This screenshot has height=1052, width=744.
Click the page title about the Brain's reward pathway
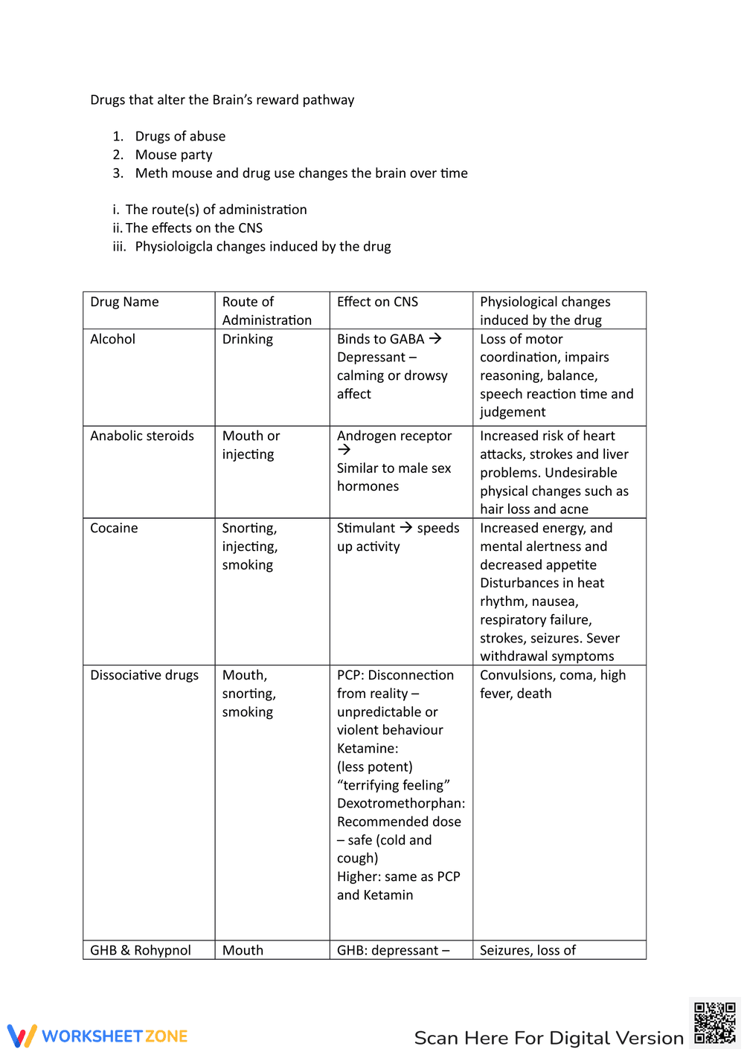coord(222,100)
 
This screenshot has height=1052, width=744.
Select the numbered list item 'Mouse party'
coord(173,155)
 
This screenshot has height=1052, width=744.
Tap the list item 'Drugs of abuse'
coord(180,136)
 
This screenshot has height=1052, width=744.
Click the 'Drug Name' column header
coord(124,302)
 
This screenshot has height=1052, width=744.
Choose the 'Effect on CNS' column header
coord(377,302)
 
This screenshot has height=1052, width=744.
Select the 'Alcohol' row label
coord(113,339)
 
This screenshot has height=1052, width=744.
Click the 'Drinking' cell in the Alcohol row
coord(248,339)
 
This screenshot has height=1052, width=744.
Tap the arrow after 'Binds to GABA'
coord(435,338)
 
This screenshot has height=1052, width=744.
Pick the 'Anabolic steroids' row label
coord(142,436)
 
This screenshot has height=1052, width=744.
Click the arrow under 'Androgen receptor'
coord(344,450)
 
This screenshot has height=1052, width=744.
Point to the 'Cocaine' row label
coord(114,528)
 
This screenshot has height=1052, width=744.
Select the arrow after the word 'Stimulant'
coord(406,527)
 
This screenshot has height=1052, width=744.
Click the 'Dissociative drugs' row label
coord(144,675)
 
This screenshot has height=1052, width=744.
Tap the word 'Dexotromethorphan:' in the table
coord(401,803)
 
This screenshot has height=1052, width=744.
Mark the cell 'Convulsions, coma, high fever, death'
coord(552,684)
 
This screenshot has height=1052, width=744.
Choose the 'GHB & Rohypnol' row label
coord(141,950)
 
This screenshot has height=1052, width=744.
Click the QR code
coord(714,1023)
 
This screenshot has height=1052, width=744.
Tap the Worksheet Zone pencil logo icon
coord(22,1036)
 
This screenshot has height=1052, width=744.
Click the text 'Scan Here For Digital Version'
coord(548,1038)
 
